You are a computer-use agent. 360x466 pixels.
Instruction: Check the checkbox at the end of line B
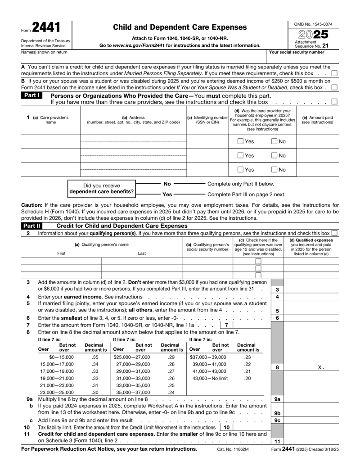click(x=334, y=87)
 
